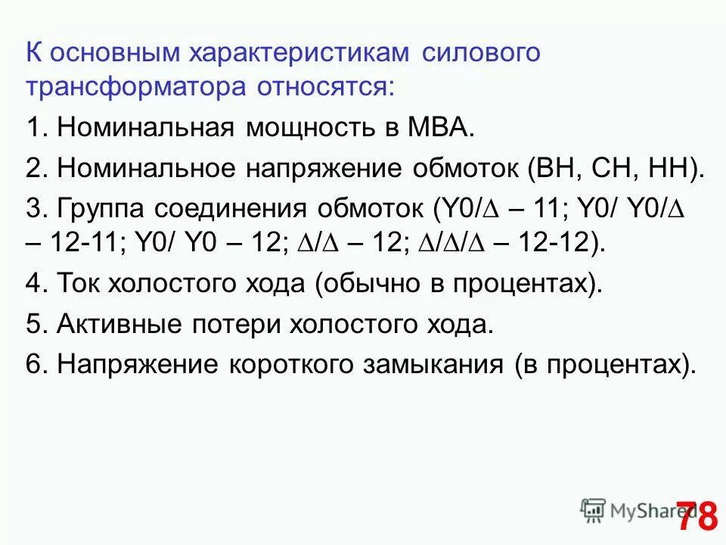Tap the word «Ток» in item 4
(x=79, y=285)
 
